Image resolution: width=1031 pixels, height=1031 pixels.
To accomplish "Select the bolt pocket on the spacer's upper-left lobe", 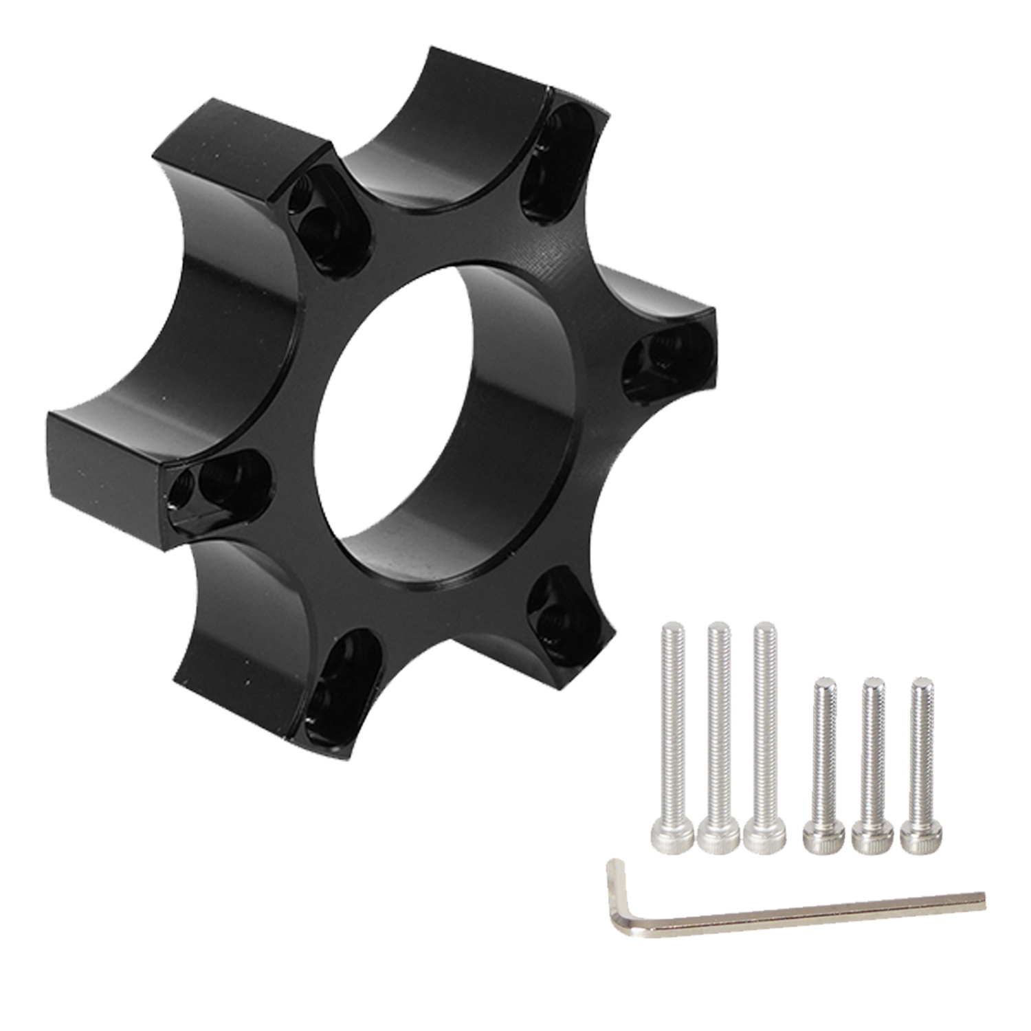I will [323, 213].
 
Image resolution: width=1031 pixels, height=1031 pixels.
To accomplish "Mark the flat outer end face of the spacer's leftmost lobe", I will [103, 474].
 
